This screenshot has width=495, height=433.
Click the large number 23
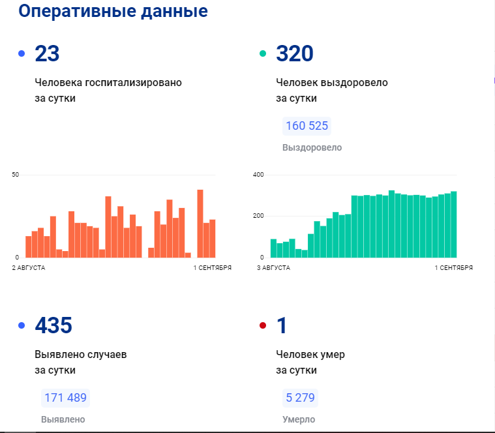pyautogui.click(x=47, y=54)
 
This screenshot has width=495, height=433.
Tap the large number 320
pyautogui.click(x=295, y=54)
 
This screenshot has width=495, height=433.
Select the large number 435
pyautogui.click(x=53, y=325)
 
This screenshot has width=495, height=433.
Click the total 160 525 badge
pyautogui.click(x=307, y=126)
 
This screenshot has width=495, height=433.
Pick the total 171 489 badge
pyautogui.click(x=65, y=398)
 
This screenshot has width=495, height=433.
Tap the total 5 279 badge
pyautogui.click(x=301, y=398)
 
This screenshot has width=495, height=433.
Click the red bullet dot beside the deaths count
pyautogui.click(x=263, y=325)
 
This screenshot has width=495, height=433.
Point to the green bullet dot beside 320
pyautogui.click(x=263, y=53)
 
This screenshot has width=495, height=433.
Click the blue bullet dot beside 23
pyautogui.click(x=22, y=53)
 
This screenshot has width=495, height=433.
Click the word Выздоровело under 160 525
pyautogui.click(x=312, y=147)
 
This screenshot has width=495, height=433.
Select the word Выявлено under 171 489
pyautogui.click(x=63, y=419)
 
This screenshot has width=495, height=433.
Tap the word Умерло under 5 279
pyautogui.click(x=299, y=419)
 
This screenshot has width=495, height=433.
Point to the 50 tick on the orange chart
pyautogui.click(x=16, y=175)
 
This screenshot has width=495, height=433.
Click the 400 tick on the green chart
pyautogui.click(x=258, y=175)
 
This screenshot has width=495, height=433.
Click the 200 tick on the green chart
pyautogui.click(x=258, y=216)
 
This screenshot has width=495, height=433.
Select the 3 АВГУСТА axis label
pyautogui.click(x=273, y=267)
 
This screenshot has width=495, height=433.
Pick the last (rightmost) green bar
pyautogui.click(x=453, y=224)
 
